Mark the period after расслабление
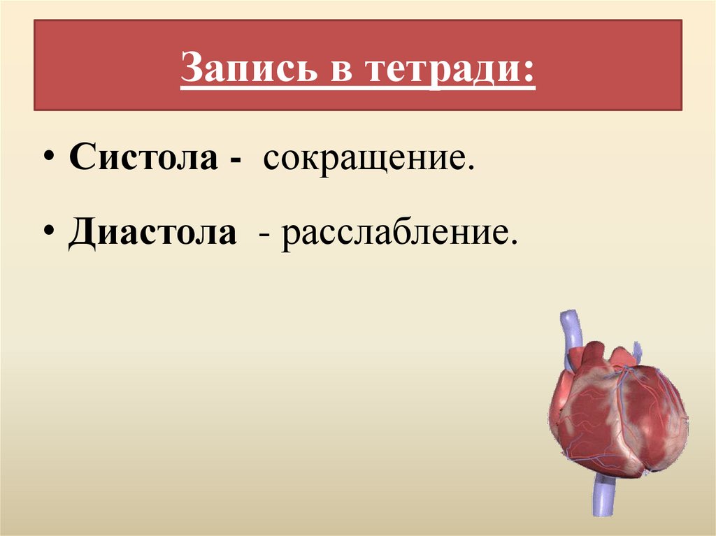(514, 241)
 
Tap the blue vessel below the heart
(601, 496)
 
